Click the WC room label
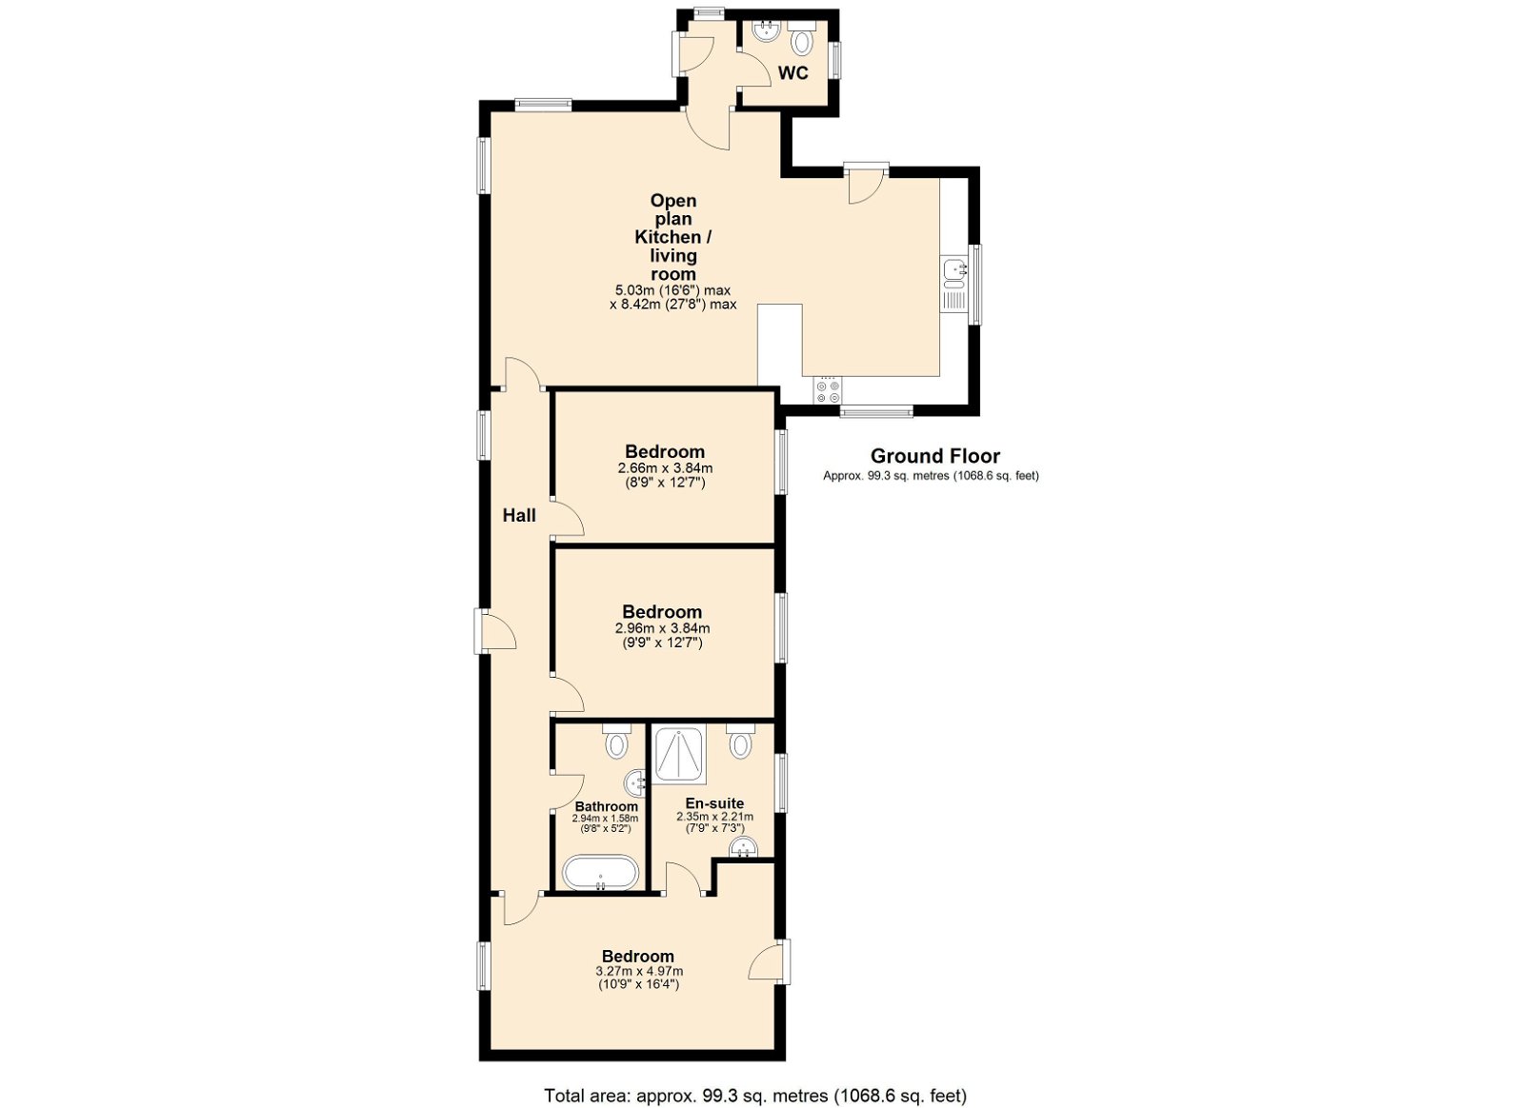793,72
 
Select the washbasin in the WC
766,31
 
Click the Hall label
519,515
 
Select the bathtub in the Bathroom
601,873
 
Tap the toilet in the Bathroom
616,741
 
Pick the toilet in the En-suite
740,741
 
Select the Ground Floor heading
935,456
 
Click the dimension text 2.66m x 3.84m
666,468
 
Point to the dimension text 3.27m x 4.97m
639,971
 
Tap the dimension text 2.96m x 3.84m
662,629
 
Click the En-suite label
714,803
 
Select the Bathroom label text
607,807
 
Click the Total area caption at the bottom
755,1077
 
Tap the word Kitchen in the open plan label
668,237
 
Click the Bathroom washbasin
635,783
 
